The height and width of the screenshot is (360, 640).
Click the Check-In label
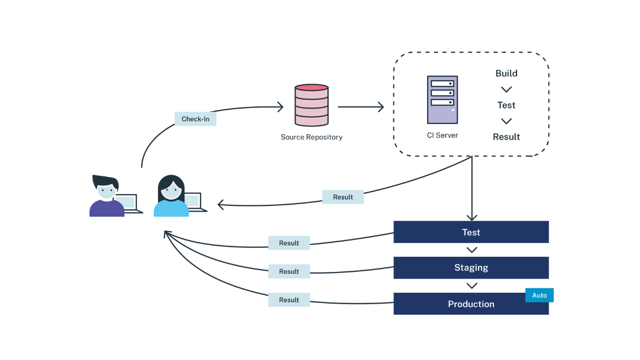(195, 119)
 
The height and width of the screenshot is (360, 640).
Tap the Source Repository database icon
(311, 105)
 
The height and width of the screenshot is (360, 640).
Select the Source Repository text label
(311, 137)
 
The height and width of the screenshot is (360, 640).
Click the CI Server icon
(442, 99)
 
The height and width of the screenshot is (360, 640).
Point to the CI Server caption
(442, 135)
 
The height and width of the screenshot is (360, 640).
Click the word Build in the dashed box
(506, 73)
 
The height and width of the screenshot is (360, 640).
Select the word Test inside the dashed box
(506, 105)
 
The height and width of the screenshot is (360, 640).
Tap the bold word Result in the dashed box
(506, 137)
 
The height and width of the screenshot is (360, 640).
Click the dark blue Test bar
(471, 232)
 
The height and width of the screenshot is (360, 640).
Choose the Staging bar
(471, 267)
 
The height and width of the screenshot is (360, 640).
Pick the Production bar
(471, 304)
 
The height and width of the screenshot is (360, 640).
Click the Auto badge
(539, 295)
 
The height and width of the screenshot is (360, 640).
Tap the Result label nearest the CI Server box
(343, 197)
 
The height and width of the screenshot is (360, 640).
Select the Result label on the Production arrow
(289, 300)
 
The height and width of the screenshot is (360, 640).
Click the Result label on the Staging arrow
(289, 271)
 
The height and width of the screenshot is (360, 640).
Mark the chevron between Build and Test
(506, 89)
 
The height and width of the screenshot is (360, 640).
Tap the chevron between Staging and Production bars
(471, 286)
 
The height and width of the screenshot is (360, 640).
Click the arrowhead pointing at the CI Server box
(380, 106)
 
